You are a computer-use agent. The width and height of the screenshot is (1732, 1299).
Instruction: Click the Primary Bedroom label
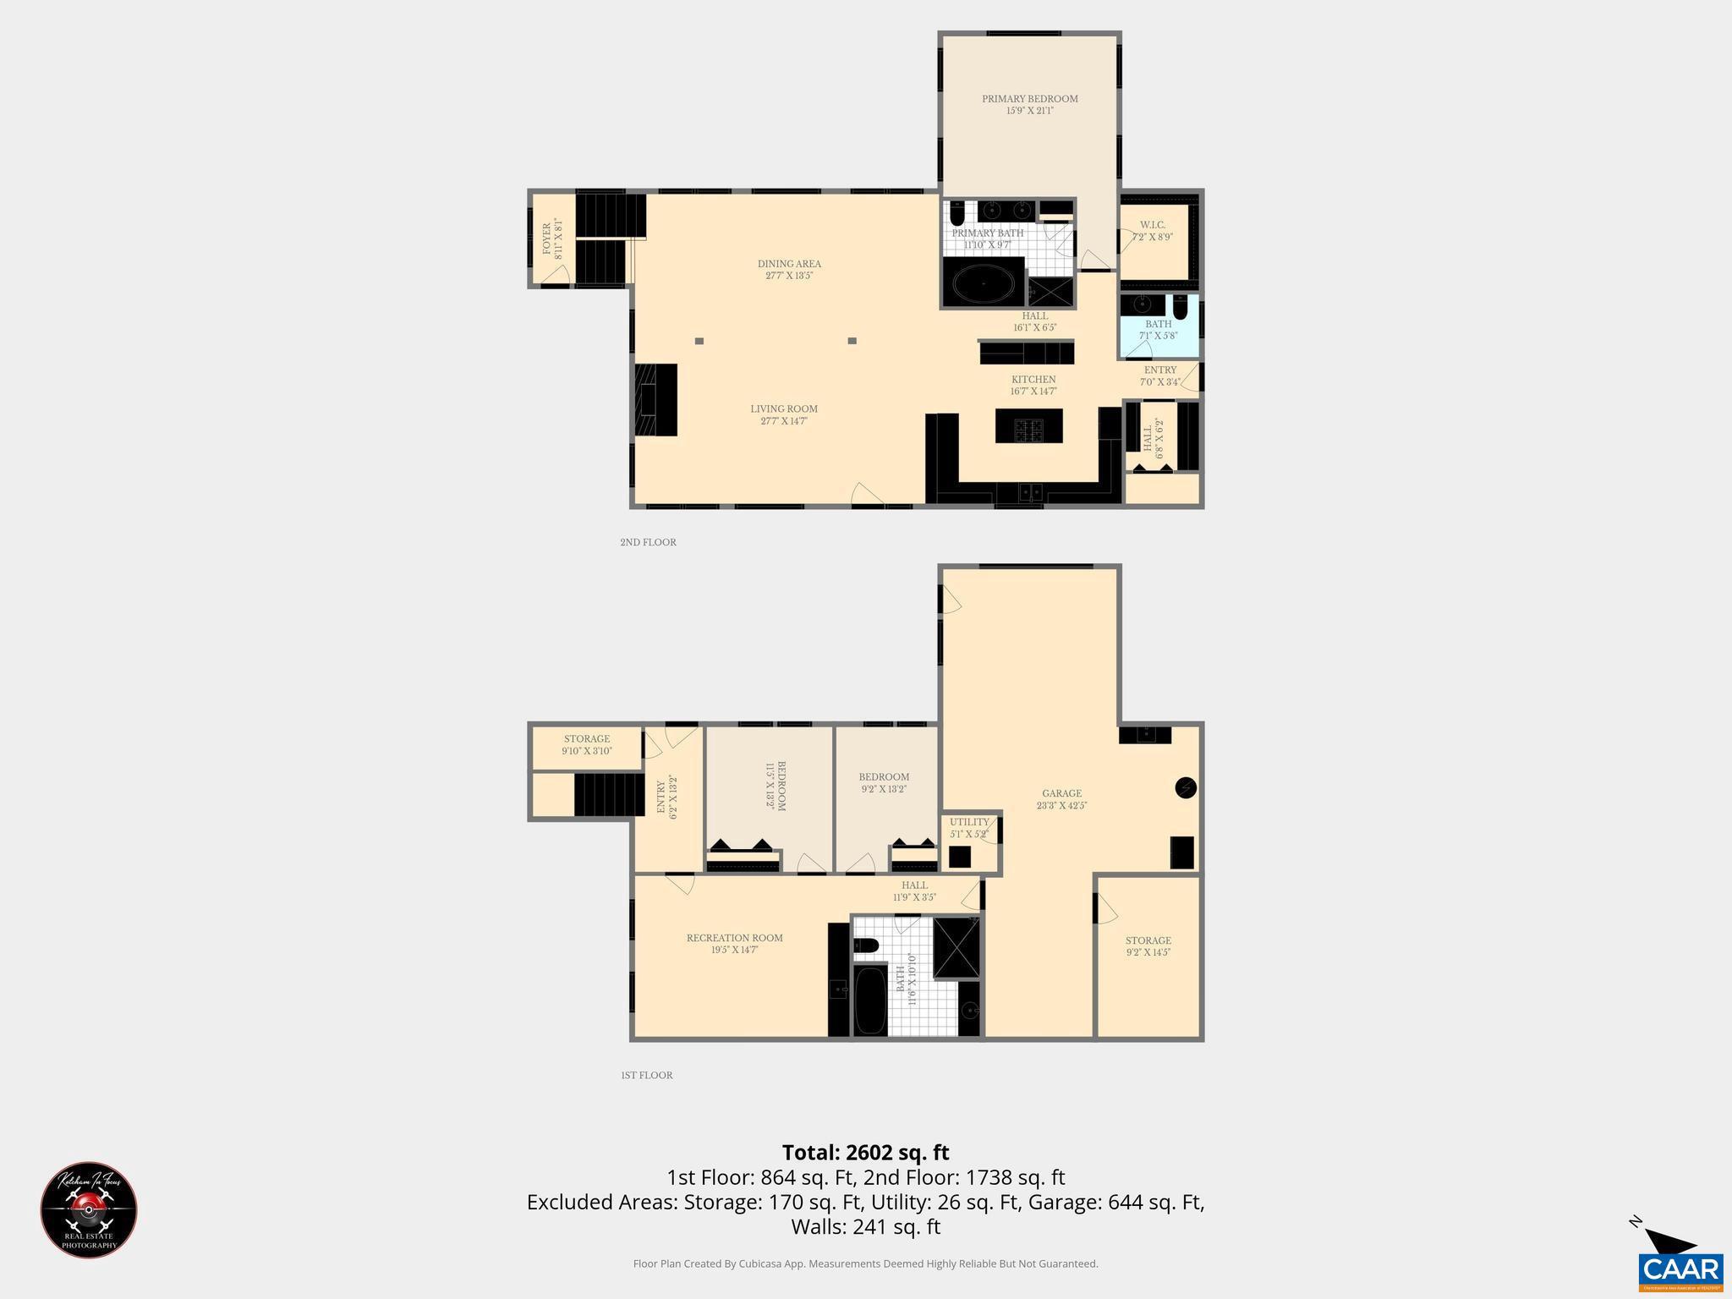tap(1029, 99)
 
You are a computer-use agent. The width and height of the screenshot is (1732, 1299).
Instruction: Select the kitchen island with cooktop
tap(1028, 425)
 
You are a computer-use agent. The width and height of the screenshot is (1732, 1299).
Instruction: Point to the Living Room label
tap(784, 409)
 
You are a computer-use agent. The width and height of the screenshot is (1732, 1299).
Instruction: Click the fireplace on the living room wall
tap(656, 399)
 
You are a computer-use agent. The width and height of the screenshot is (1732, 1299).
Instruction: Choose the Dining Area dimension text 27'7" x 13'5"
tap(789, 276)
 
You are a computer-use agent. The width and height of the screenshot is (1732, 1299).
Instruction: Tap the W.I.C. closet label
tap(1152, 225)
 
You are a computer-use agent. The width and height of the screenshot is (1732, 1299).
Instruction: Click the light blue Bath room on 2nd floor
tap(1159, 330)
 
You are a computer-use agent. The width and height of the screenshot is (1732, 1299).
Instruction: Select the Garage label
tap(1061, 793)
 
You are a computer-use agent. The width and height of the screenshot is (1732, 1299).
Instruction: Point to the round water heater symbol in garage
tap(1186, 788)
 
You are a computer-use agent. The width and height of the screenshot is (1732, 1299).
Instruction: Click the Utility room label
tap(969, 822)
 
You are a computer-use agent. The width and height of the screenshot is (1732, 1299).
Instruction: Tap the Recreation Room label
tap(734, 938)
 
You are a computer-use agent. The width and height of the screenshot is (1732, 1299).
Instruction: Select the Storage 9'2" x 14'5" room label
tap(1148, 940)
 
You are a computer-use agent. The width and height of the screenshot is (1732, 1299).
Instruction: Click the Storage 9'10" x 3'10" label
tap(587, 739)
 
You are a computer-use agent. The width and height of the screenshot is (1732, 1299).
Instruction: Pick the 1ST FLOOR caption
tap(647, 1076)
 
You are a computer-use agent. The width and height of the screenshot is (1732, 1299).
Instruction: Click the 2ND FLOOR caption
tap(648, 542)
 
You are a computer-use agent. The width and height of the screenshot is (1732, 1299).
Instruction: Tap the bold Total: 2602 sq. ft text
tap(865, 1153)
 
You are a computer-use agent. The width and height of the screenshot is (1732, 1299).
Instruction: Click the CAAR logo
tap(1680, 1269)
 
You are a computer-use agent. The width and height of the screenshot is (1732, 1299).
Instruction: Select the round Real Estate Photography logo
tap(89, 1209)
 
